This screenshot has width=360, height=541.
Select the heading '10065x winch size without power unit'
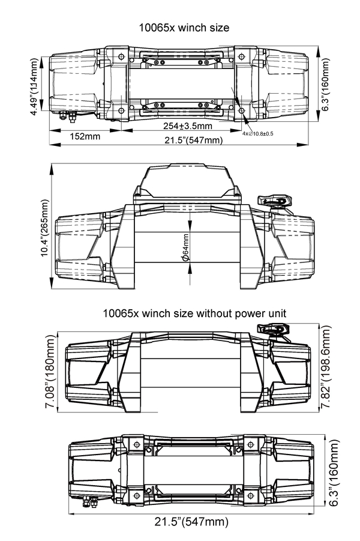click(185, 313)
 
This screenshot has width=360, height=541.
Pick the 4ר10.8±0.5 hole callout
click(258, 133)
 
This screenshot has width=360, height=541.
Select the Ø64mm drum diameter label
click(185, 247)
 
